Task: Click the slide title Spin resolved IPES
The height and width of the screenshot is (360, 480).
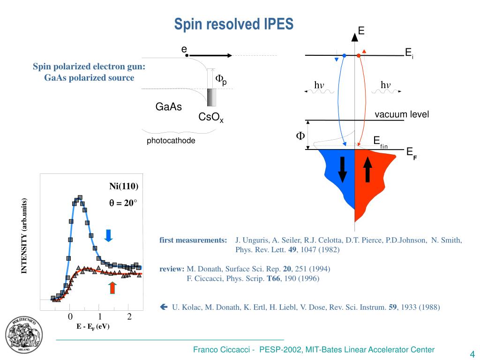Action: pyautogui.click(x=234, y=24)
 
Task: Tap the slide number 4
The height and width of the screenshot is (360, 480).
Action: pyautogui.click(x=472, y=353)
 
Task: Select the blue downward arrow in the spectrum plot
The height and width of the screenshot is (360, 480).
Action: pyautogui.click(x=108, y=235)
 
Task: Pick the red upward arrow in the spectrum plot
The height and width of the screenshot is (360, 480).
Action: pyautogui.click(x=112, y=287)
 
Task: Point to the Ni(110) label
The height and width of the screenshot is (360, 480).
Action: pyautogui.click(x=124, y=186)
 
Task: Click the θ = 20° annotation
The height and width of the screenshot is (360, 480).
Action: pyautogui.click(x=123, y=203)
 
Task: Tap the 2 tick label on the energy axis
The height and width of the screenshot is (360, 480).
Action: pyautogui.click(x=129, y=317)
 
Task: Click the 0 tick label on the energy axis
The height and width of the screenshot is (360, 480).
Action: pyautogui.click(x=70, y=317)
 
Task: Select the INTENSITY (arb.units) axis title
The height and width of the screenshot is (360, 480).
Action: pyautogui.click(x=23, y=236)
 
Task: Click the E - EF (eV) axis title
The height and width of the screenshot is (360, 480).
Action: pyautogui.click(x=93, y=327)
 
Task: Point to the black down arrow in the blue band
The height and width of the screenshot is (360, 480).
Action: pyautogui.click(x=343, y=169)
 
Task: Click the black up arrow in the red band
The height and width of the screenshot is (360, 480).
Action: pyautogui.click(x=367, y=169)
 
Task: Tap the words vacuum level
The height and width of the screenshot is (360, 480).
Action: pyautogui.click(x=402, y=115)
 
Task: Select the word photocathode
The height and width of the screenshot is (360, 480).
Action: pyautogui.click(x=171, y=141)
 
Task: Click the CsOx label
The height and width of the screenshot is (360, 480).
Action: pyautogui.click(x=211, y=118)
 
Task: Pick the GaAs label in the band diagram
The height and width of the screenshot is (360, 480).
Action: pyautogui.click(x=169, y=107)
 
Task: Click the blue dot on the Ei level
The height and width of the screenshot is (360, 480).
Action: pyautogui.click(x=344, y=55)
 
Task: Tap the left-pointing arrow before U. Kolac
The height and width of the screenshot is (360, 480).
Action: pyautogui.click(x=164, y=307)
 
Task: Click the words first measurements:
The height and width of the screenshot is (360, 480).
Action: pyautogui.click(x=193, y=240)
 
